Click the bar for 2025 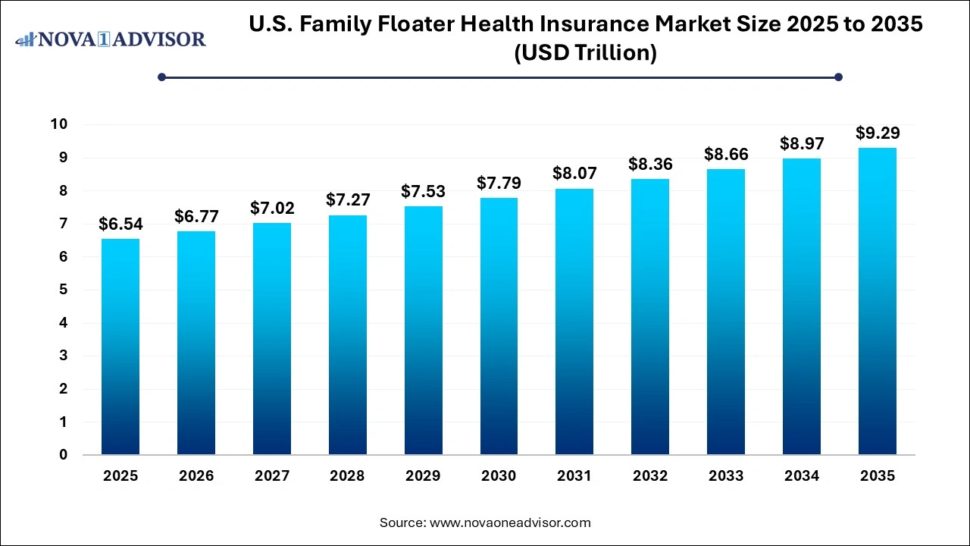120,347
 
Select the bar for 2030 499,326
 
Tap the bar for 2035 877,301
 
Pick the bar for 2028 347,334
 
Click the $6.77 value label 196,217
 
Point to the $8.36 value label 650,165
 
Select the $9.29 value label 877,133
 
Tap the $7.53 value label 423,192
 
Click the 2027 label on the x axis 271,476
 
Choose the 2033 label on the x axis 726,476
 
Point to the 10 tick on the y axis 59,124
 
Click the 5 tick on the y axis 64,290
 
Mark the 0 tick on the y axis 64,455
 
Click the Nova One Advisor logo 111,39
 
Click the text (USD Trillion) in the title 586,53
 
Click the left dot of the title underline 161,77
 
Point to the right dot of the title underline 838,77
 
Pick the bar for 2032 650,317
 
